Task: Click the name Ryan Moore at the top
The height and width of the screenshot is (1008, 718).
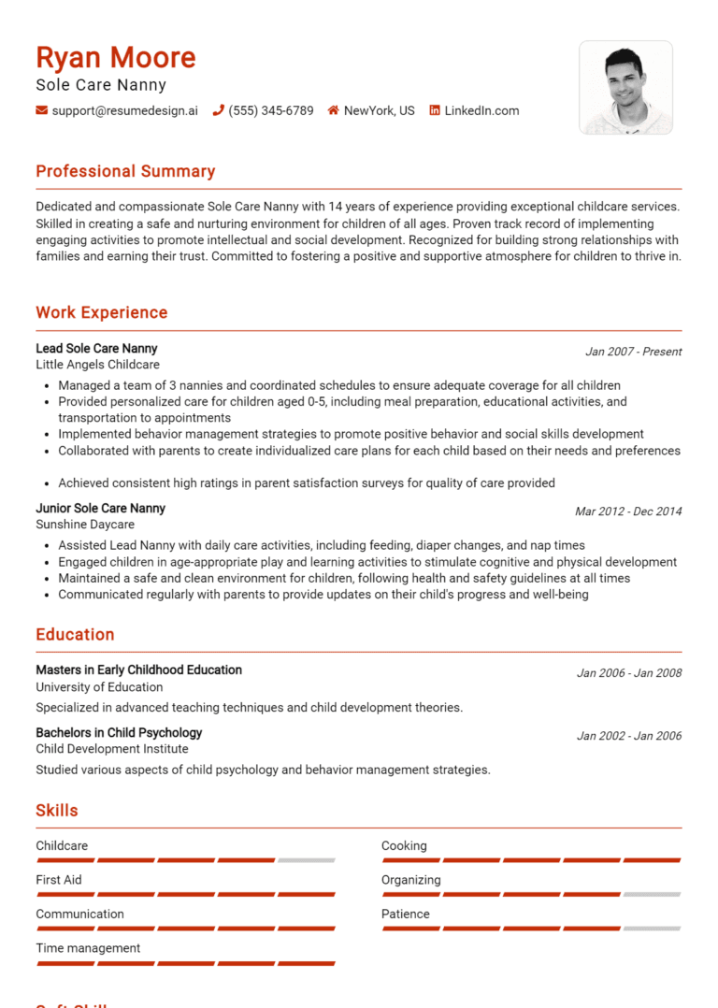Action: (x=116, y=58)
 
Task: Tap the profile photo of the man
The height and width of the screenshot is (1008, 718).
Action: (x=625, y=87)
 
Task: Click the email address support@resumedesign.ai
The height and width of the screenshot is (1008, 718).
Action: (x=125, y=110)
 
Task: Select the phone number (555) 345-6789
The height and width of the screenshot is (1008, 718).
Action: (x=271, y=110)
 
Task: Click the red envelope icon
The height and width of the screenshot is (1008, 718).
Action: (x=42, y=110)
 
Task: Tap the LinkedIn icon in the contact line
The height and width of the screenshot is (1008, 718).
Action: (x=435, y=110)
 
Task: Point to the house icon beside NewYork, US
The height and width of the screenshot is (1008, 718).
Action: (x=333, y=110)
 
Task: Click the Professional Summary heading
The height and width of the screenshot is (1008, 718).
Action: (x=125, y=171)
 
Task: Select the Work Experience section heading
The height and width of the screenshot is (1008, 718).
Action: (x=102, y=312)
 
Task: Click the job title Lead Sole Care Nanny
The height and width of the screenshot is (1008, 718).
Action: (x=96, y=349)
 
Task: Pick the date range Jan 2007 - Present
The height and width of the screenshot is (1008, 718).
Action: (x=633, y=352)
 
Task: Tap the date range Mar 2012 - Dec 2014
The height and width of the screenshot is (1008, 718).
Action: (x=628, y=511)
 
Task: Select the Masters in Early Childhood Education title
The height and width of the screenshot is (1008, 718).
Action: (x=138, y=670)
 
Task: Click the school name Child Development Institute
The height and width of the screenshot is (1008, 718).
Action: (x=112, y=749)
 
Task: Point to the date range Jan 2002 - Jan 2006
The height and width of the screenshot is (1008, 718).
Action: (x=629, y=736)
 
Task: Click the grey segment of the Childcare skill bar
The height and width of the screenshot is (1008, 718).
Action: (x=307, y=860)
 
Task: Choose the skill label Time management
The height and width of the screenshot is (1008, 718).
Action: (x=88, y=948)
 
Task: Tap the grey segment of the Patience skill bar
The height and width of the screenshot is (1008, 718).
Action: (x=652, y=929)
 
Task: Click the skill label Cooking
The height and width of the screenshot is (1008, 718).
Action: (x=404, y=846)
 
